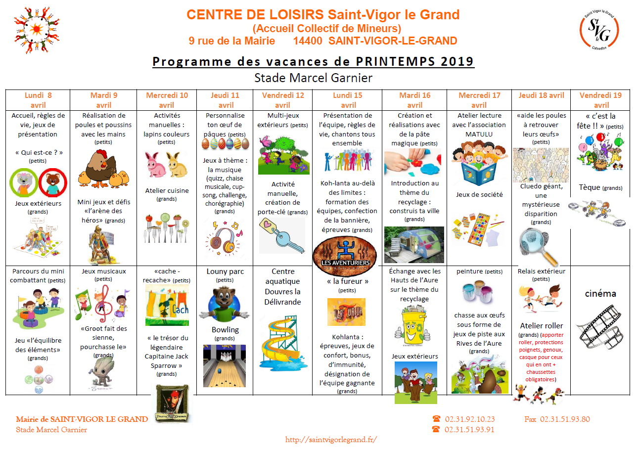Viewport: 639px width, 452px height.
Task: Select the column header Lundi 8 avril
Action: pyautogui.click(x=38, y=100)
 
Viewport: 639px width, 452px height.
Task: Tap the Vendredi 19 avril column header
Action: pyautogui.click(x=601, y=100)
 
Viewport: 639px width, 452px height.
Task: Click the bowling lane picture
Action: pyautogui.click(x=225, y=365)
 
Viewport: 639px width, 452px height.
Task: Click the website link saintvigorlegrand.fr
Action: pyautogui.click(x=331, y=439)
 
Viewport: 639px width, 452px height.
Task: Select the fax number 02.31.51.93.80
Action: pyautogui.click(x=565, y=419)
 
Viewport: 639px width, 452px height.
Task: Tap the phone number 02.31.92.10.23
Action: pyautogui.click(x=469, y=419)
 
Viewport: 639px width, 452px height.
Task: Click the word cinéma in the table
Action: pyautogui.click(x=600, y=294)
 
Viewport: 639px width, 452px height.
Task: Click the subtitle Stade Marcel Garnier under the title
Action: pyautogui.click(x=313, y=78)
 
